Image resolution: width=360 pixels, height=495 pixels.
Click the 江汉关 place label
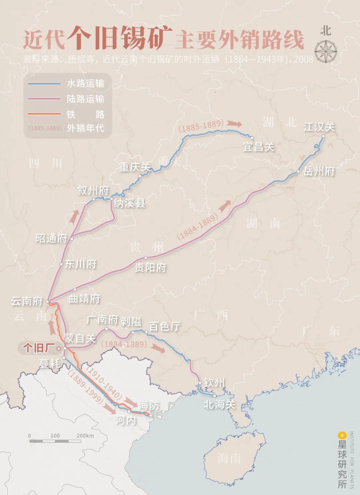319,127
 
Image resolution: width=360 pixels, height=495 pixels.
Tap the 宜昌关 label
259,147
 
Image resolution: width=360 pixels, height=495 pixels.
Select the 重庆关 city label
135,167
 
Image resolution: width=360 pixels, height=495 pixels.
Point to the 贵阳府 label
150,267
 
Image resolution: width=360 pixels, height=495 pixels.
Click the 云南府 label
27,301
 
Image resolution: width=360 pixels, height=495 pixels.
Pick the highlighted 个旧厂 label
39,348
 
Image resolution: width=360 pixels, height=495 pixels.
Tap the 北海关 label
219,404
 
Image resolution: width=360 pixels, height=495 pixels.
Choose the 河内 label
126,420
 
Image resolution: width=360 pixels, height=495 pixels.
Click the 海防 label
149,405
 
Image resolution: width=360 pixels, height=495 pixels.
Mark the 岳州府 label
319,171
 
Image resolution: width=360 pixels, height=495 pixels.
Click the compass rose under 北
326,52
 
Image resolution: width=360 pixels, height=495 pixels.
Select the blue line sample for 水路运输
44,84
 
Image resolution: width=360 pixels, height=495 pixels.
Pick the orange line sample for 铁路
44,114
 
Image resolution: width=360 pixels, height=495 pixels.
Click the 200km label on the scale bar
85,436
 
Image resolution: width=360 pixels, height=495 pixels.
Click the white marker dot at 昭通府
72,239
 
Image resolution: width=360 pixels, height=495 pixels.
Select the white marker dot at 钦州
200,382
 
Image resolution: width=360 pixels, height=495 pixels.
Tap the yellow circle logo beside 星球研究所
341,435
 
